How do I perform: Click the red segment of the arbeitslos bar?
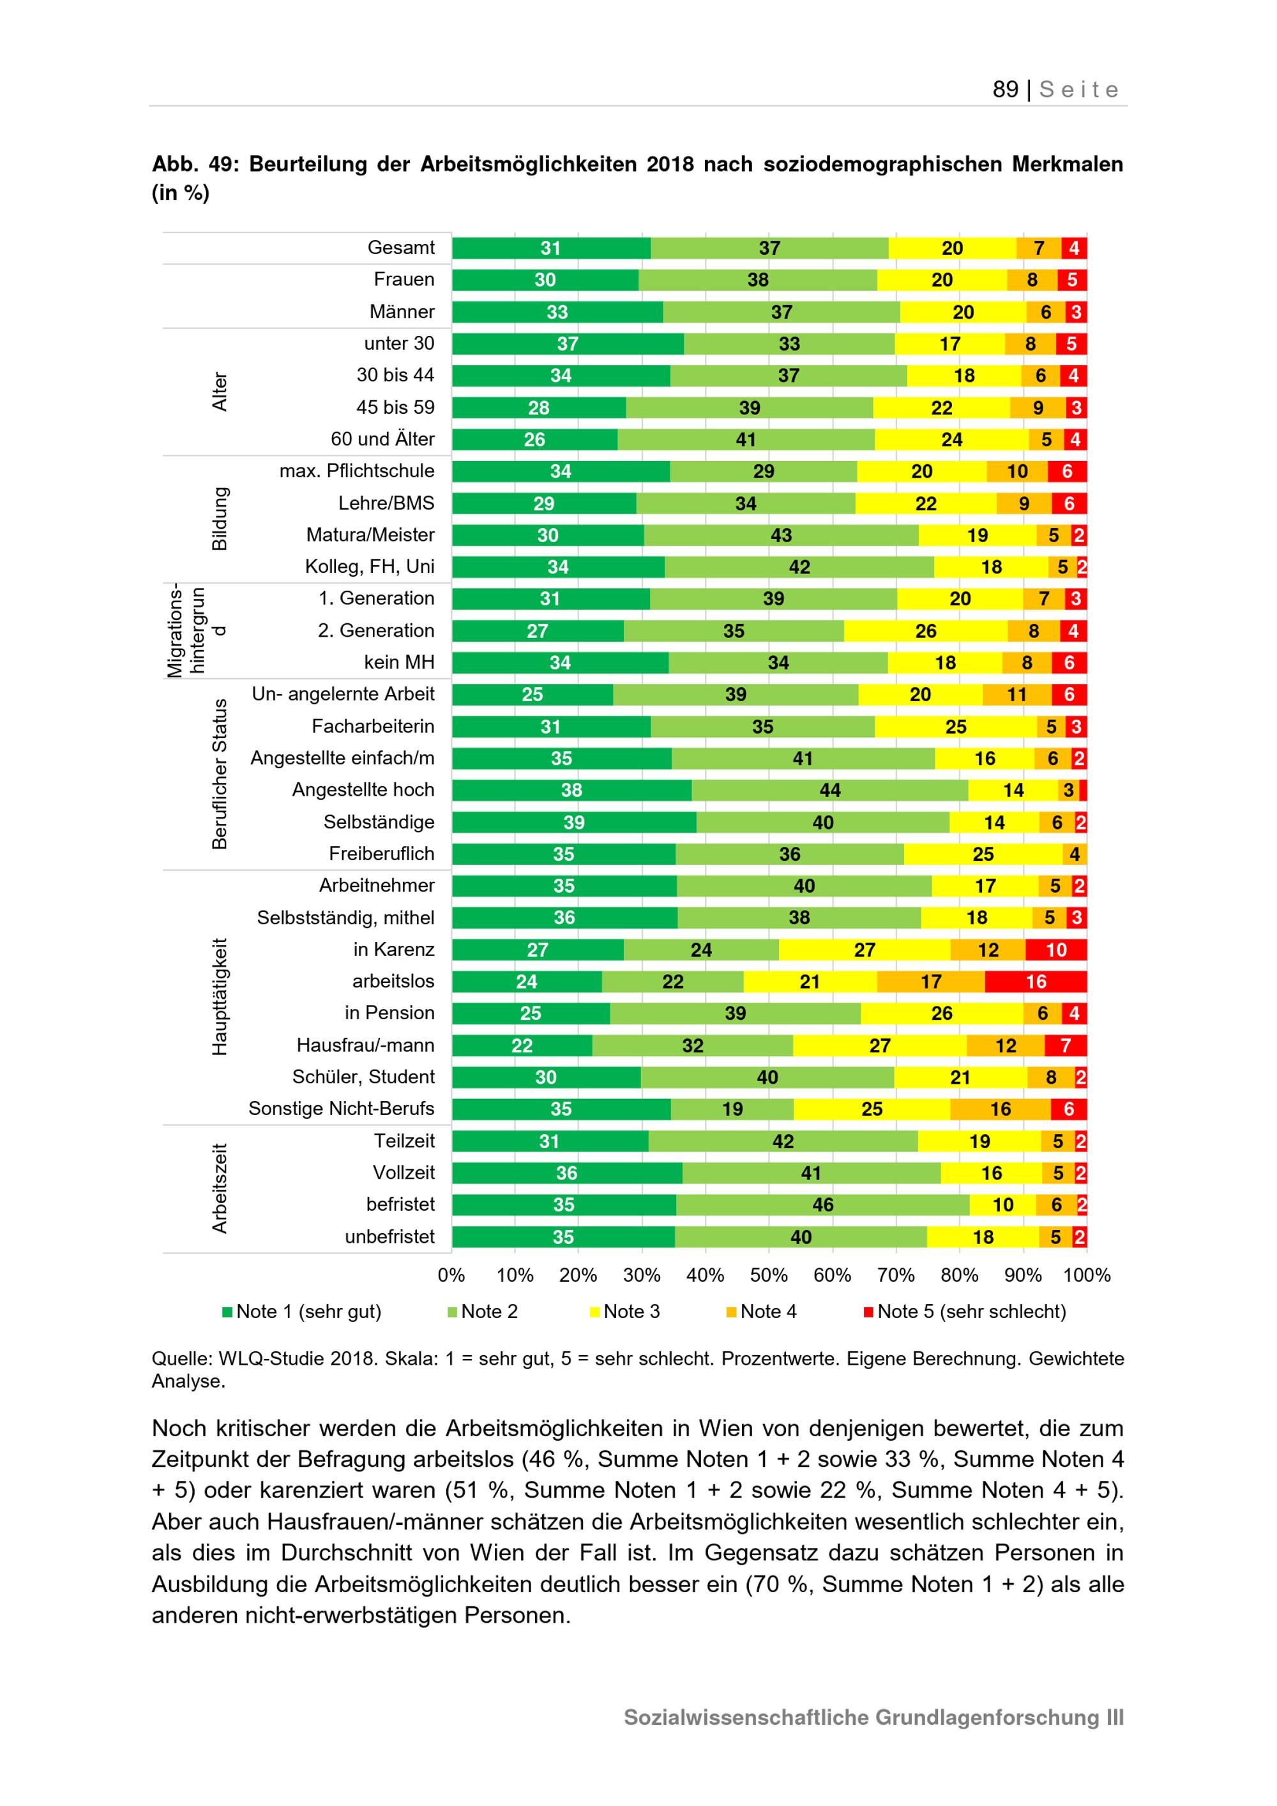tap(1036, 981)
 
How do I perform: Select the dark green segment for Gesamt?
tap(550, 248)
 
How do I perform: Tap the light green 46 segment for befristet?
tap(822, 1204)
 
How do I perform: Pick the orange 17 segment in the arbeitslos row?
tap(931, 981)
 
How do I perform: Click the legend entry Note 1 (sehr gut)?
tap(302, 1311)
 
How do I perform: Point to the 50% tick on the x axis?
tap(768, 1275)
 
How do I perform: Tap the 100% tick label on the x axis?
tap(1087, 1275)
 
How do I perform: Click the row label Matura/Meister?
tap(370, 535)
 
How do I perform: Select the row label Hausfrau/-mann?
tap(366, 1045)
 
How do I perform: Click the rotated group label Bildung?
tap(220, 519)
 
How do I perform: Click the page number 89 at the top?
tap(1005, 89)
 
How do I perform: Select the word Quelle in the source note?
tap(181, 1358)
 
